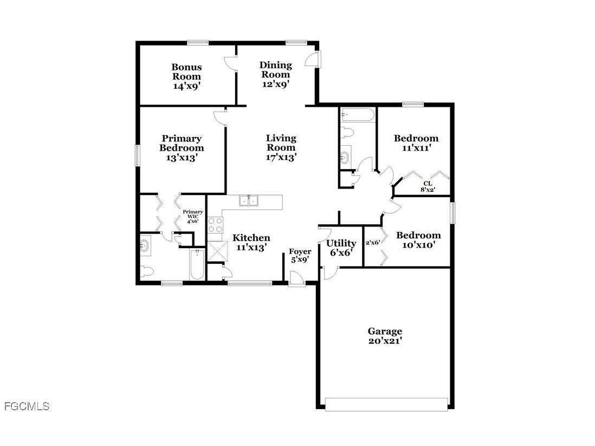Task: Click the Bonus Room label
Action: click(186, 76)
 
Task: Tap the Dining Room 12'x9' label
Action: click(275, 74)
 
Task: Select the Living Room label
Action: click(281, 147)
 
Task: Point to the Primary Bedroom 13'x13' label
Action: click(182, 148)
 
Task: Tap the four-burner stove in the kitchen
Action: click(215, 224)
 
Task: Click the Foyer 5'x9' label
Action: click(300, 255)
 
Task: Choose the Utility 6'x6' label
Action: click(341, 248)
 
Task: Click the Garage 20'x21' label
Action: click(385, 335)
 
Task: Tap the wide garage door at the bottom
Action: click(386, 404)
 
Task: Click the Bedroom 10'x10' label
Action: click(418, 240)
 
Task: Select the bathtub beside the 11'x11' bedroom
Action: click(357, 115)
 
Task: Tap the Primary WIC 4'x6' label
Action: click(193, 216)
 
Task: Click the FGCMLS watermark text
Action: click(27, 406)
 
